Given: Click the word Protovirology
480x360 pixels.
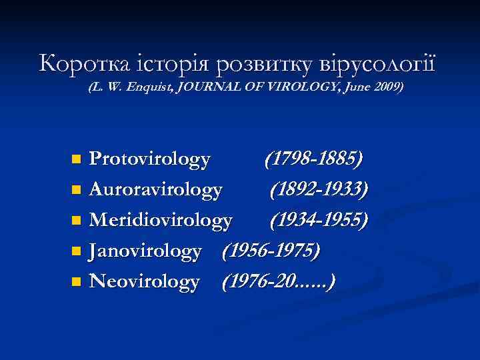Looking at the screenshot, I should pyautogui.click(x=150, y=159).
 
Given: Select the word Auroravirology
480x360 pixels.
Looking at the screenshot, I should pyautogui.click(x=155, y=190).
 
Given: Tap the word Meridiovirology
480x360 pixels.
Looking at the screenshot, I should pyautogui.click(x=161, y=220).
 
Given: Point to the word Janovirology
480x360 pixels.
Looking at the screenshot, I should pyautogui.click(x=145, y=251).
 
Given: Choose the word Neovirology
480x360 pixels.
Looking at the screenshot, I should pyautogui.click(x=144, y=282).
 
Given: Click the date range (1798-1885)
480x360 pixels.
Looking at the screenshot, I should pyautogui.click(x=313, y=159).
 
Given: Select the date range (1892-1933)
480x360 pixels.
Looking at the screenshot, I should pyautogui.click(x=319, y=190).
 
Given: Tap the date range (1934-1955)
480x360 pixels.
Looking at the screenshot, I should pyautogui.click(x=319, y=220).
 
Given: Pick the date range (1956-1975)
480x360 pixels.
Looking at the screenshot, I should pyautogui.click(x=271, y=251).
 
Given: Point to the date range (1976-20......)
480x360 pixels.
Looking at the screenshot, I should pyautogui.click(x=279, y=282).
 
